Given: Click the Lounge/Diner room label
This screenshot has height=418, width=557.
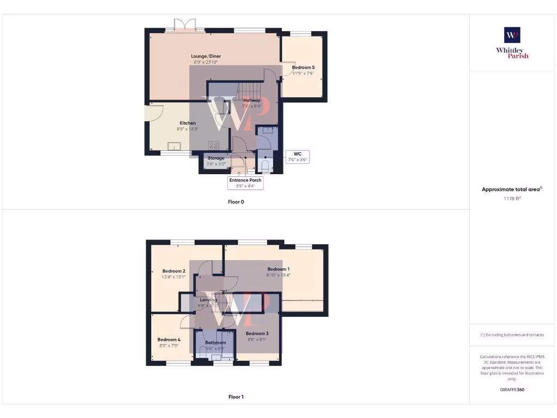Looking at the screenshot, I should [206, 56].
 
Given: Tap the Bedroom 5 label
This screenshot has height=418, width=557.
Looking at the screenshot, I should [303, 67].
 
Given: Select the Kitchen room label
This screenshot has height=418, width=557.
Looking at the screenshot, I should [188, 123].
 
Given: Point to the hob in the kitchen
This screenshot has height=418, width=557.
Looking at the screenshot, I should [214, 145].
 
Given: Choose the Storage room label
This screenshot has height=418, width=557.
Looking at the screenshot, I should [215, 158].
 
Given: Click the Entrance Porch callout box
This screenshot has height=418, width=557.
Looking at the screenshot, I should [245, 183].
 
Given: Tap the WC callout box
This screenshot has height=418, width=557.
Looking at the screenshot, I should [297, 157].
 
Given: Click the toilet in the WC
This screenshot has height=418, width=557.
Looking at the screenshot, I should [265, 165].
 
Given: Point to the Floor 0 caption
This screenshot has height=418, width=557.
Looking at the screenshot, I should [236, 201].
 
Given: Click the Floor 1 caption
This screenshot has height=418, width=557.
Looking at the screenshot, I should [236, 397].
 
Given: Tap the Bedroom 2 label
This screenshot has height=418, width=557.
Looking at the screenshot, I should [174, 271].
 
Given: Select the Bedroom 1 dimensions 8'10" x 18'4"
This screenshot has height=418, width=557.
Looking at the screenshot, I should [278, 275].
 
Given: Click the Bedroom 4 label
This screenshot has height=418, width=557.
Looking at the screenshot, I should [169, 339].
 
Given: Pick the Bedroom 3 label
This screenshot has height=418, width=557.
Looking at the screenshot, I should [257, 334].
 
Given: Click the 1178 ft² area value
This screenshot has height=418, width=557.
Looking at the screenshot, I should [512, 199].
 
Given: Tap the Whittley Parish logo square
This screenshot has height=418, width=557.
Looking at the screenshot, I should [512, 35].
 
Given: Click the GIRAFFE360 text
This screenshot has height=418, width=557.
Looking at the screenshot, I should [512, 390].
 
